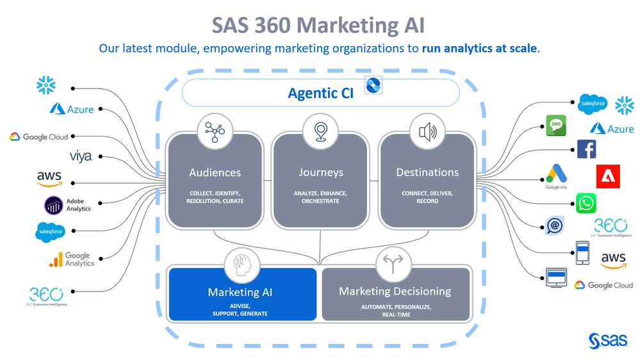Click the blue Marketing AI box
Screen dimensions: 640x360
tap(242, 294)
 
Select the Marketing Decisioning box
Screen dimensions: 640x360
tap(395, 294)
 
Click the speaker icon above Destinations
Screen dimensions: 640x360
tap(427, 132)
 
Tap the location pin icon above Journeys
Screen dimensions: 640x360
tap(320, 132)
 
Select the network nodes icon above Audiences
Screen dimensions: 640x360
tap(215, 132)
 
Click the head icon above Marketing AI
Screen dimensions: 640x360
tap(242, 265)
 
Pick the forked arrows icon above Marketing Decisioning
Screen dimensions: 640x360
tap(393, 265)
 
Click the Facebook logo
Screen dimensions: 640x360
tap(587, 149)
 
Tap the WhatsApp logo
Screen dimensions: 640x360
tap(586, 203)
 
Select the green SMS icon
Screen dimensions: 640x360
tap(556, 126)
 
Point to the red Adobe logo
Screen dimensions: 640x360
tap(608, 176)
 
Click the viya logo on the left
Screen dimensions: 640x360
tap(81, 156)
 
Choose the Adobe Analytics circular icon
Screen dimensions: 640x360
tap(53, 206)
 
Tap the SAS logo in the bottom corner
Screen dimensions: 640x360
tap(608, 341)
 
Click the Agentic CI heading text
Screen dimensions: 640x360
tap(321, 93)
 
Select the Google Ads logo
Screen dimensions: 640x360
tap(557, 176)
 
